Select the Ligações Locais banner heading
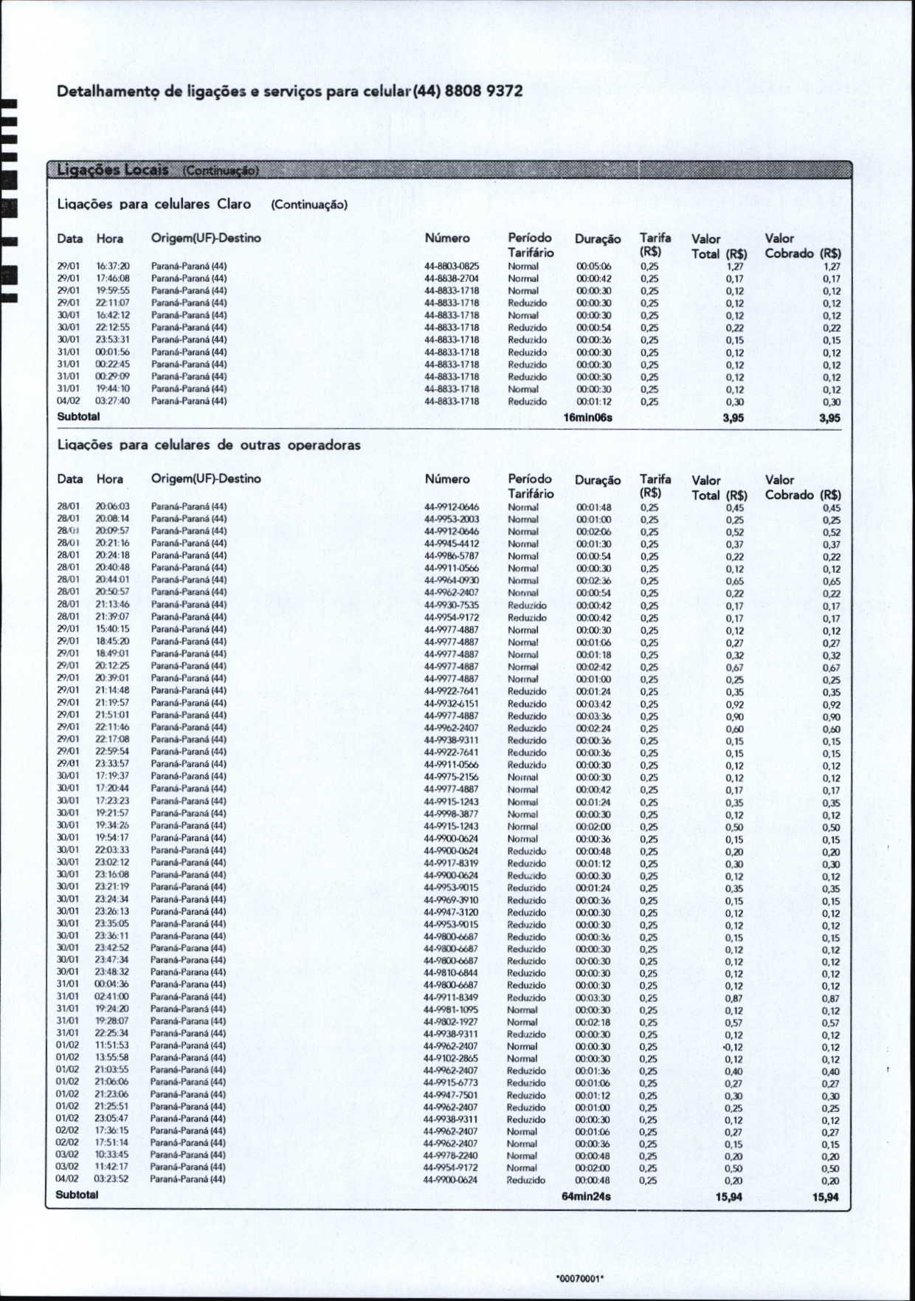tap(113, 170)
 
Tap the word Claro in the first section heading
tap(234, 204)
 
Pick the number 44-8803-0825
tap(452, 267)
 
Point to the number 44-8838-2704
tap(452, 279)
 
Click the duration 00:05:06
tap(593, 267)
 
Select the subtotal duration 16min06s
tap(587, 418)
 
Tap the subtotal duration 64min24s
tap(586, 1196)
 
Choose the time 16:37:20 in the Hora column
tap(112, 267)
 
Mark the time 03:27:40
tap(112, 401)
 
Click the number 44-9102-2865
tap(451, 1058)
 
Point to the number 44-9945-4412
tap(452, 543)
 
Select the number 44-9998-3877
tap(451, 814)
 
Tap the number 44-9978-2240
tap(451, 1156)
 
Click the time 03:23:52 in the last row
tap(111, 1179)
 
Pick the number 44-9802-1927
tap(451, 1022)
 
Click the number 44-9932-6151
tap(452, 703)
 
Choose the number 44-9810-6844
tap(451, 973)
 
